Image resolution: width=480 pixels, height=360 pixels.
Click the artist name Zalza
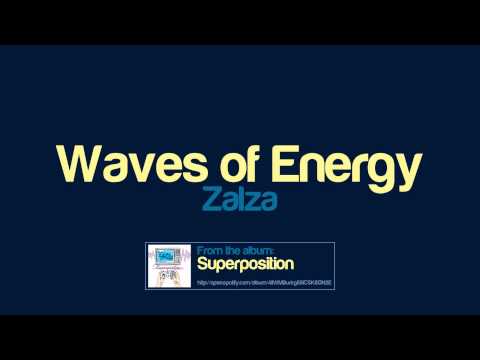(x=239, y=200)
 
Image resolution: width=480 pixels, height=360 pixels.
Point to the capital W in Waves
(x=75, y=162)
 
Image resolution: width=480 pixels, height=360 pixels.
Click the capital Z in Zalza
(x=209, y=200)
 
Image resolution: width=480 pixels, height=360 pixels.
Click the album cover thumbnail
(x=169, y=265)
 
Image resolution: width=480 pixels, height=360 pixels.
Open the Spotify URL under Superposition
(x=264, y=283)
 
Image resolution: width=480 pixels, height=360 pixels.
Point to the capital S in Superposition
(x=202, y=265)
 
